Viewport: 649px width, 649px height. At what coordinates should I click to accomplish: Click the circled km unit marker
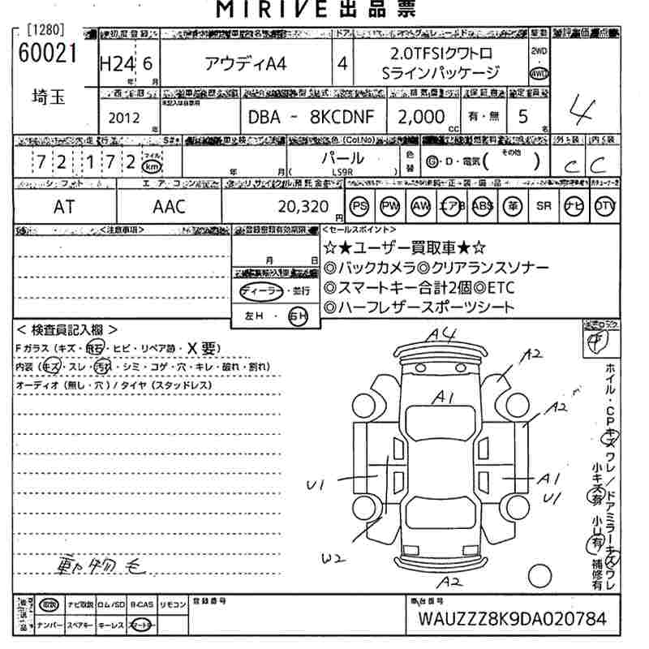coord(151,165)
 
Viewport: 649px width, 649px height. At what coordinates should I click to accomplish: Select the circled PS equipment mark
coord(359,206)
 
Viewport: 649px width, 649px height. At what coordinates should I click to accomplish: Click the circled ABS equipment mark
coord(483,206)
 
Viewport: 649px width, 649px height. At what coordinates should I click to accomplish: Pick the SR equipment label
coord(544,206)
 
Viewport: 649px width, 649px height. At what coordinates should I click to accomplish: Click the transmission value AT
coord(64,207)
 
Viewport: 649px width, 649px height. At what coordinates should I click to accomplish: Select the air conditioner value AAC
coord(169,207)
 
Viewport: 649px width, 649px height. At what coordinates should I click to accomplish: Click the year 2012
coord(123,118)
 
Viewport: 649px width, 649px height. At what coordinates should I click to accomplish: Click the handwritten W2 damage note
coord(333,558)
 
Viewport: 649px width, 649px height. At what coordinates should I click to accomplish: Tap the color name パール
coord(342,158)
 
